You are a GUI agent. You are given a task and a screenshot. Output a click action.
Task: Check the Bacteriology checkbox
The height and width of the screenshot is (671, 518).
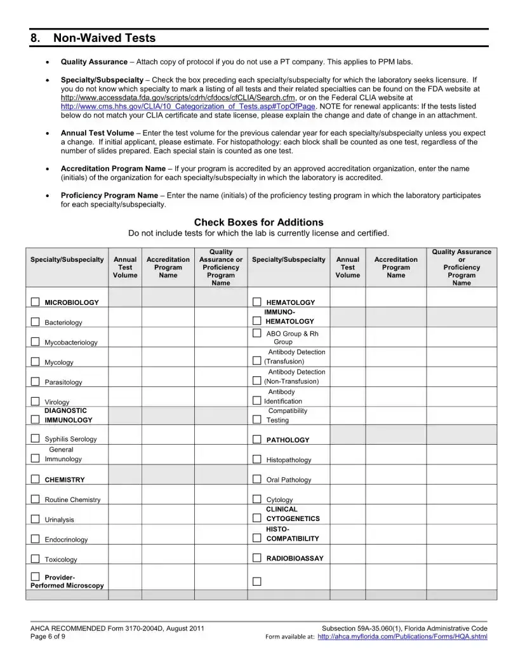point(36,322)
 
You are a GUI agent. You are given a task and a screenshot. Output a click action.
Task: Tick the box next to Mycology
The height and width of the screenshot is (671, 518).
point(36,362)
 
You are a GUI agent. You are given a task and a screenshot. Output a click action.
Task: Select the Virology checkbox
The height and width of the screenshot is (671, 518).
point(36,402)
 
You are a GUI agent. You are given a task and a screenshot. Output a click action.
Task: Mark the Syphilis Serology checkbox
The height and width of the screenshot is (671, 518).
point(36,438)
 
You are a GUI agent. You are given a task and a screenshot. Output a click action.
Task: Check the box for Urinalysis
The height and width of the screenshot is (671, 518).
point(36,519)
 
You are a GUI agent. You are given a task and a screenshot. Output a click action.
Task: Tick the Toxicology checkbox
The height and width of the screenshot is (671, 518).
point(36,559)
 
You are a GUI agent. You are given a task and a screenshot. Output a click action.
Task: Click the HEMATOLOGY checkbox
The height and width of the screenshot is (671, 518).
point(257,302)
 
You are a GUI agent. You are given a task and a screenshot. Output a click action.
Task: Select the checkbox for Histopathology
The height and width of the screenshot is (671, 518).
point(257,459)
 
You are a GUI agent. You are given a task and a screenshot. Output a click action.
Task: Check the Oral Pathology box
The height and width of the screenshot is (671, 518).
point(257,480)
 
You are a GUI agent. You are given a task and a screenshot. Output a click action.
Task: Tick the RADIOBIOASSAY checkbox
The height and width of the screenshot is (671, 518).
point(257,558)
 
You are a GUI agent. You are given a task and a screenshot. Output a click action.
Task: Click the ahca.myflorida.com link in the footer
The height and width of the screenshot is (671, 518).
point(402,637)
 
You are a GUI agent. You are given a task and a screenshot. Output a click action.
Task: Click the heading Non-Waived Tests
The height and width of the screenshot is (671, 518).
point(104,38)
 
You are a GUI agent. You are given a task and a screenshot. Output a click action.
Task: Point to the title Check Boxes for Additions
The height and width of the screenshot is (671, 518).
point(258,222)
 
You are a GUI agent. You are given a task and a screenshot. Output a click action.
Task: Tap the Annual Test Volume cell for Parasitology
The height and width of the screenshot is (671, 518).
point(124,382)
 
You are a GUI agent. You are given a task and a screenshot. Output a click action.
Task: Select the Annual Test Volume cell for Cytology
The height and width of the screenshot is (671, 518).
point(347,499)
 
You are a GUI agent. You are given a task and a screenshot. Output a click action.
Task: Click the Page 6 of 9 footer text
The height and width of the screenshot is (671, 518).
point(48,637)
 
